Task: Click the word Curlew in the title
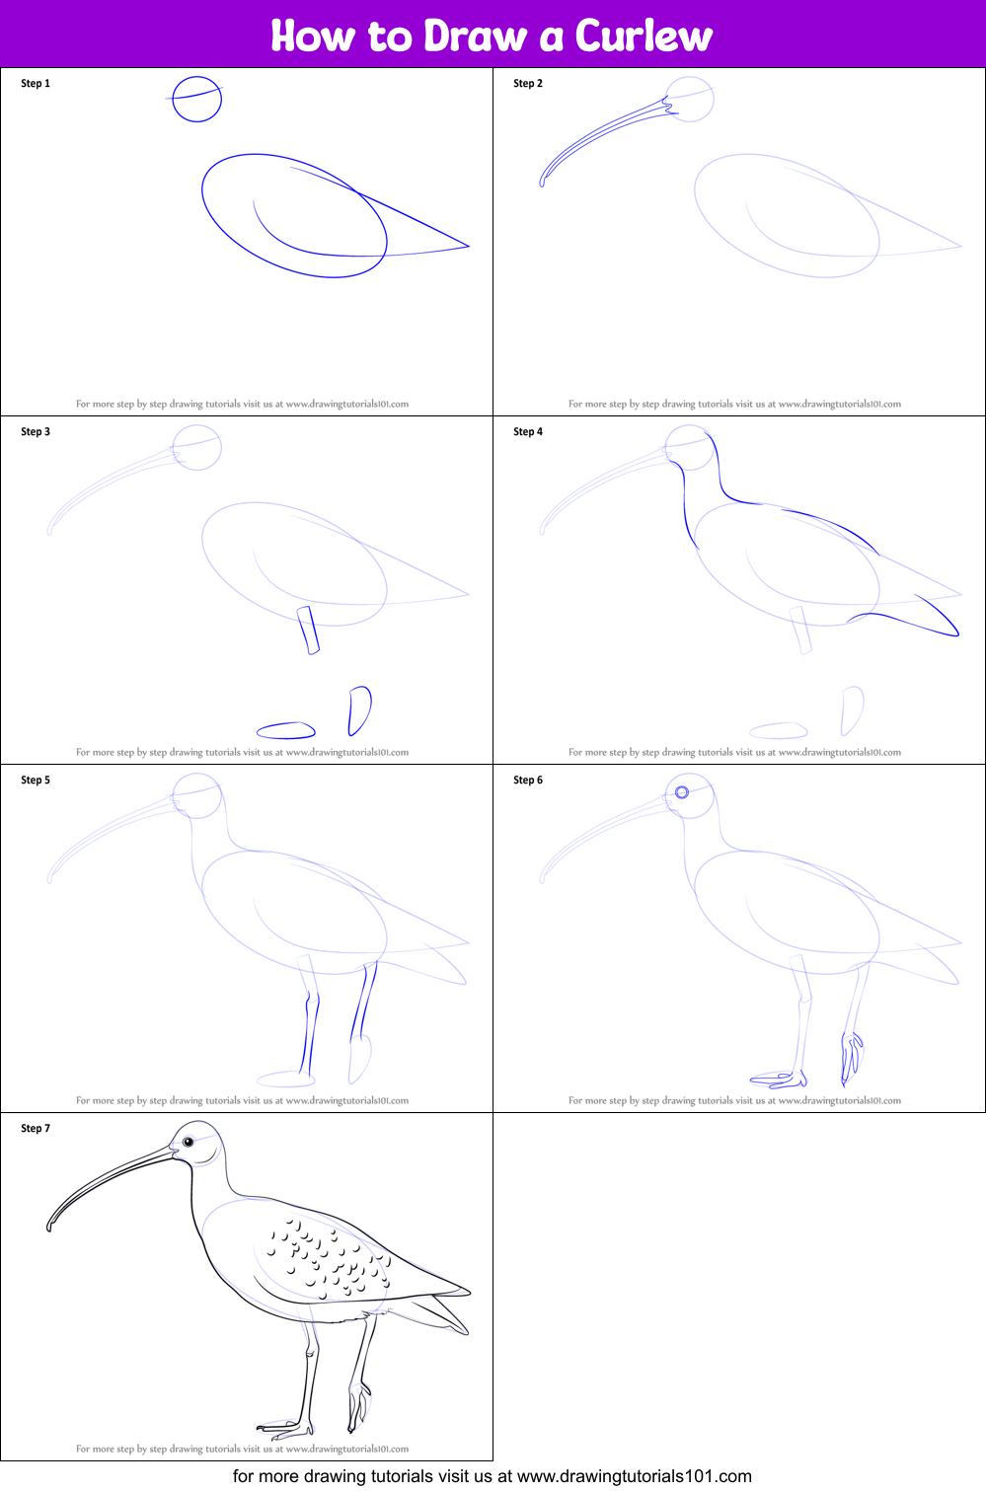click(644, 36)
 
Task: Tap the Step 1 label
click(36, 83)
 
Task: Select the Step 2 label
click(528, 83)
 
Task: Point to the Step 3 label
click(36, 431)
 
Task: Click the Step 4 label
click(528, 431)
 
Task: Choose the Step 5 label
click(36, 780)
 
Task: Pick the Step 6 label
click(528, 780)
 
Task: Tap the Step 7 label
click(36, 1128)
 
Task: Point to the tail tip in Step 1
click(469, 247)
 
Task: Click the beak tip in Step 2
click(542, 184)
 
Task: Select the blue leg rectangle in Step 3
click(308, 631)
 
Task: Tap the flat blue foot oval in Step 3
click(286, 730)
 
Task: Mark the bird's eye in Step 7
click(189, 1143)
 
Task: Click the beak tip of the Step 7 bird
click(49, 1228)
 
